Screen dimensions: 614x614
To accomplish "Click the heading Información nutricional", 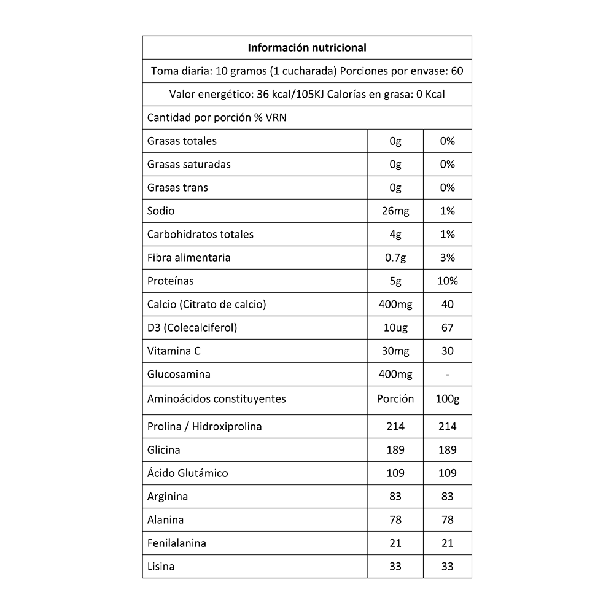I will point(307,47).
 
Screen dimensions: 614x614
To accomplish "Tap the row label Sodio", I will point(161,211).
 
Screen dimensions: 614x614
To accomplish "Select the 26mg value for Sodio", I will point(395,211).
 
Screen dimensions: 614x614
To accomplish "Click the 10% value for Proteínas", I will point(448,281).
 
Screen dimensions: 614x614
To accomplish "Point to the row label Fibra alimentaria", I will point(188,257).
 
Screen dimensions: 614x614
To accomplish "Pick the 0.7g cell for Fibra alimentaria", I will point(395,257).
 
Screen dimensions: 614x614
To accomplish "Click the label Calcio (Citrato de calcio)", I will point(206,304).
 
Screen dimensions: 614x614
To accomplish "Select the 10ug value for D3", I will point(395,327).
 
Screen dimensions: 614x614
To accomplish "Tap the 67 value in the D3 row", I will point(448,327).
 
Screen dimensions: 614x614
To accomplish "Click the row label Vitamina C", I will point(174,351).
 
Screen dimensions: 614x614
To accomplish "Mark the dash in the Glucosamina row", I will point(448,374).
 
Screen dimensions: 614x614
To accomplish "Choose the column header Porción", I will point(395,398).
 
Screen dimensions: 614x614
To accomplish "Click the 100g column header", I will point(448,398).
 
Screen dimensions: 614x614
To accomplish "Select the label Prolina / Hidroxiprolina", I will point(204,426).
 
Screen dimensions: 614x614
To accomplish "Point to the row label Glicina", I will point(164,449).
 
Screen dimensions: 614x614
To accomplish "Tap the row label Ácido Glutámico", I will point(187,473).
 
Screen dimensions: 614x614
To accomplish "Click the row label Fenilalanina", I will point(176,543).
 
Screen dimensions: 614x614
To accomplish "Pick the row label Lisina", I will point(161,566).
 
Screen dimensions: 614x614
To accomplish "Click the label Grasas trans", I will point(177,187).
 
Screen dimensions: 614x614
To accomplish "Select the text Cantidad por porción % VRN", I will point(217,117).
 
